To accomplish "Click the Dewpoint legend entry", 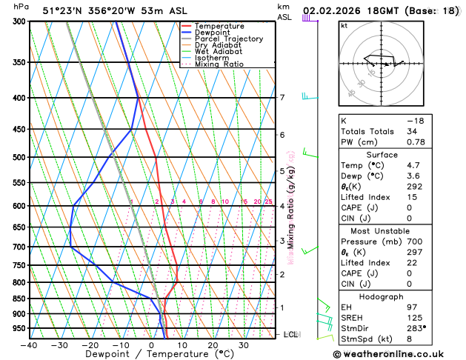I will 216,33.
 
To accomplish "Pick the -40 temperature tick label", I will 29,344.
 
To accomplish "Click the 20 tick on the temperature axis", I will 213,344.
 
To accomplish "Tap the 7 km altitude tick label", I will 282,98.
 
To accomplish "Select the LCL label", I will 290,335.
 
